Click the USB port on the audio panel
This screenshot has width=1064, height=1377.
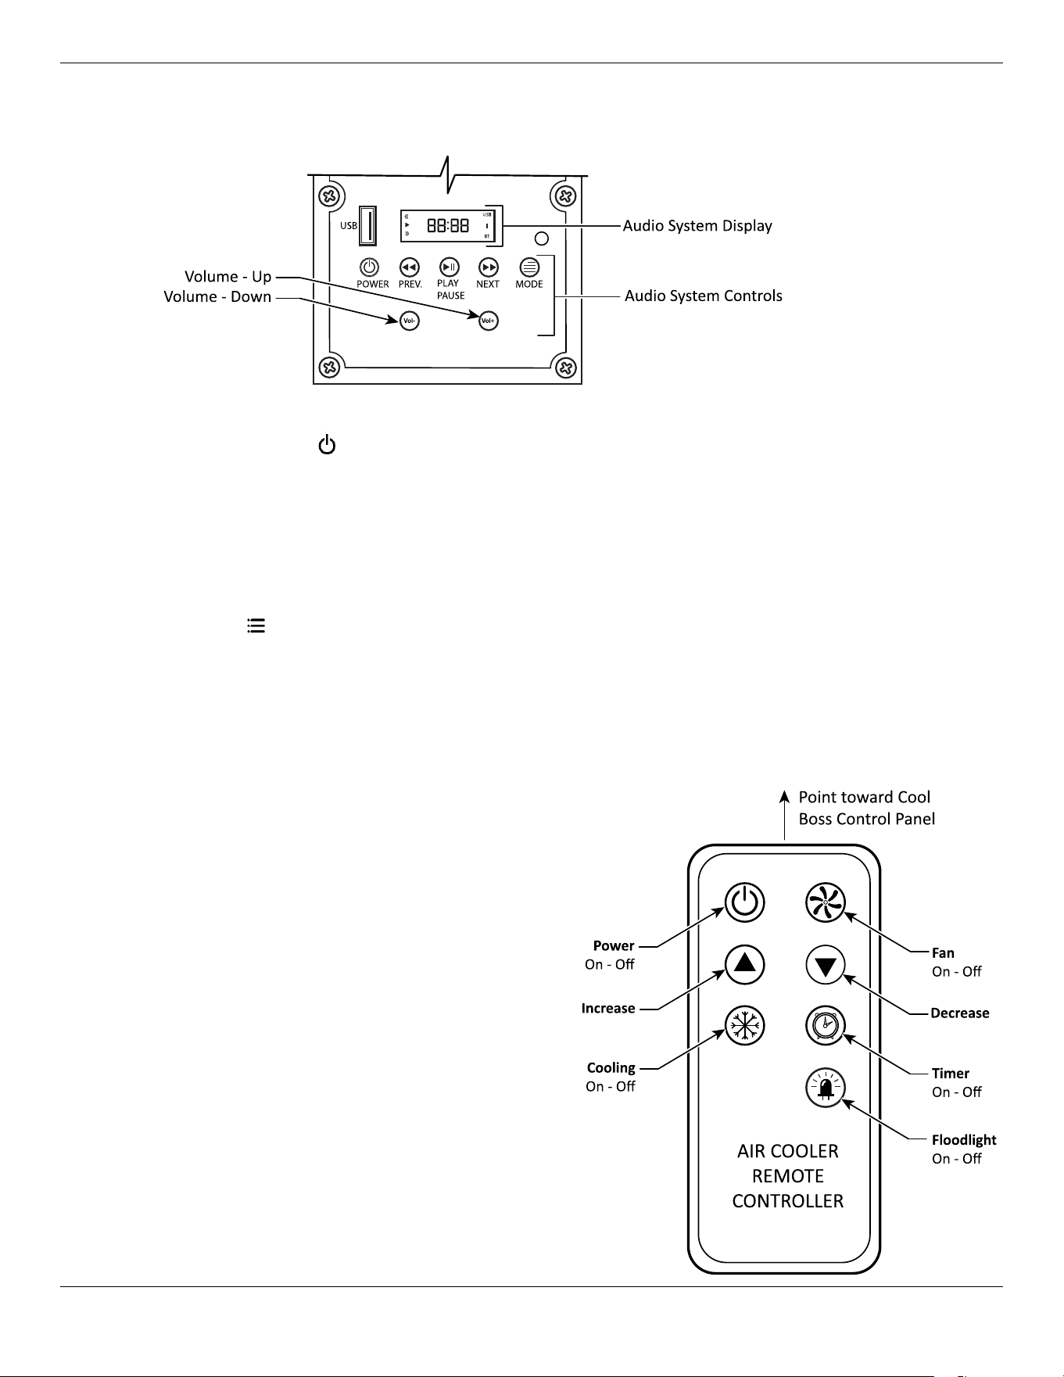(367, 225)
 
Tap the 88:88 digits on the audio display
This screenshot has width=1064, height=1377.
(448, 226)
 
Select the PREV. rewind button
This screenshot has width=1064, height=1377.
(410, 267)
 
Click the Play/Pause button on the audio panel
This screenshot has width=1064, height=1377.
(449, 267)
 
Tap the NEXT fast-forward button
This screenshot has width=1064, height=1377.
(489, 267)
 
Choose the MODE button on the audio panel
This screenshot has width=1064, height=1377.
(529, 267)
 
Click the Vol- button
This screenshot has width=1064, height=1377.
(409, 321)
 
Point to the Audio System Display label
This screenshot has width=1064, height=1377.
(697, 226)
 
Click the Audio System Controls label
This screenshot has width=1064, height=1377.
(704, 296)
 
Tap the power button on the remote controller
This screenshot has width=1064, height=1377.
(744, 903)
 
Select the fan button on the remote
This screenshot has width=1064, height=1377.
(826, 903)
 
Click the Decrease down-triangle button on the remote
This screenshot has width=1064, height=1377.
(826, 965)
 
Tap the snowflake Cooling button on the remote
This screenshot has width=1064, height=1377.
(744, 1026)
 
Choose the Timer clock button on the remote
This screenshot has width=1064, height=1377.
(826, 1026)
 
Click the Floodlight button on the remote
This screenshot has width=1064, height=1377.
(826, 1088)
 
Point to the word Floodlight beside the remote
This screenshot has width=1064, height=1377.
(964, 1140)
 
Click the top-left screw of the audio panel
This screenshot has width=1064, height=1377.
(329, 195)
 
